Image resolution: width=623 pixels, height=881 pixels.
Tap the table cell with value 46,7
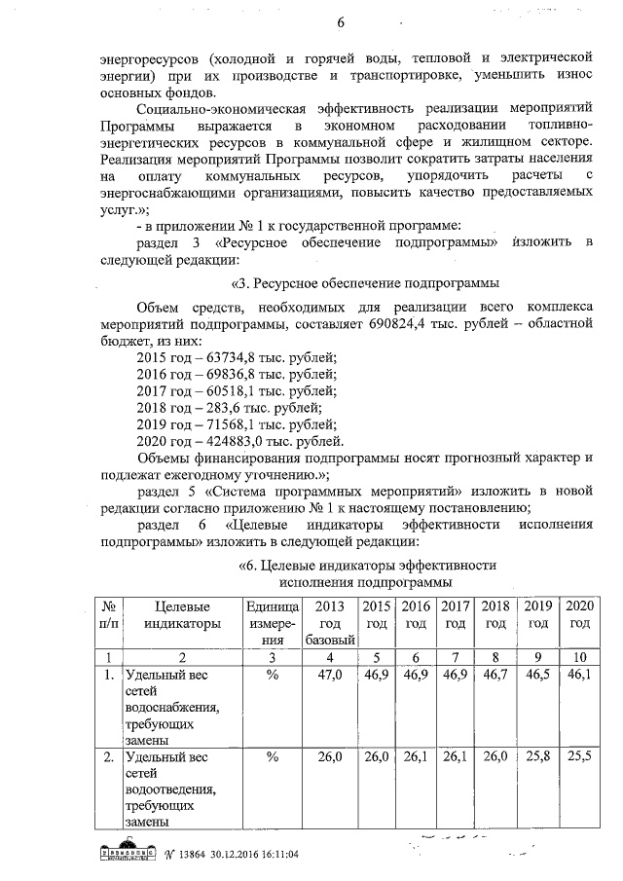(495, 673)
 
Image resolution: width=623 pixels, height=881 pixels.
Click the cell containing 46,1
(580, 673)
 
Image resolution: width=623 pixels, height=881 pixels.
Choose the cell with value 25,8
(537, 755)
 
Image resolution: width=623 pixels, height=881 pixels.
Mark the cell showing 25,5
(580, 755)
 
